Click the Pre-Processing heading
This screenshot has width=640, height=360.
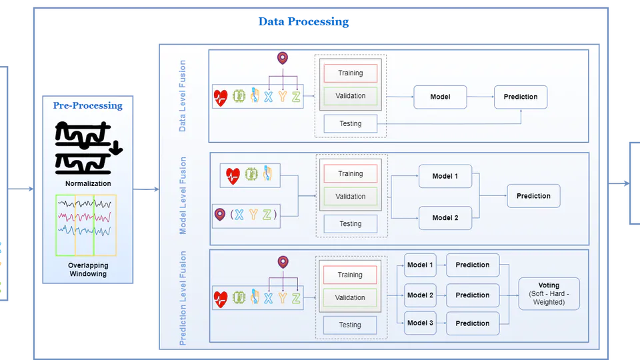(x=88, y=105)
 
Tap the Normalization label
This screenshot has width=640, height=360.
(x=88, y=183)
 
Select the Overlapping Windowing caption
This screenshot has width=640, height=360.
(x=88, y=269)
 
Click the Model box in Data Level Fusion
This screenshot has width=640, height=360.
(x=440, y=97)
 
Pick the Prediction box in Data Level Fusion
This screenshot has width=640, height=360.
(x=521, y=97)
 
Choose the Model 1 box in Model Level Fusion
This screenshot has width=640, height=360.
(x=445, y=176)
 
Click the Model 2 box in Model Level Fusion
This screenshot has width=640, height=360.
(x=445, y=218)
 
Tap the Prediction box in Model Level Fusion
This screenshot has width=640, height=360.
(x=533, y=196)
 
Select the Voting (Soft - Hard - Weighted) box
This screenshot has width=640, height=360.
(x=549, y=294)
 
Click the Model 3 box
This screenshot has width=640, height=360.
(x=421, y=323)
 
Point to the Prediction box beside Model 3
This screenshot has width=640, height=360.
(x=473, y=323)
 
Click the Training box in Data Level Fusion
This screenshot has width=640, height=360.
(x=351, y=73)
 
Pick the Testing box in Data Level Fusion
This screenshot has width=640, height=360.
(x=351, y=123)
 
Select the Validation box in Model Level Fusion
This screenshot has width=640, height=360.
(x=351, y=197)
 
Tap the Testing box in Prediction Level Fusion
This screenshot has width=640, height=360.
(x=351, y=325)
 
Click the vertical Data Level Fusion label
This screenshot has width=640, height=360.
(x=183, y=96)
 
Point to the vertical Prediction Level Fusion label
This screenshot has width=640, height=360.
(x=183, y=298)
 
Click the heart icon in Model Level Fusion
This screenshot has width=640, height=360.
(x=232, y=176)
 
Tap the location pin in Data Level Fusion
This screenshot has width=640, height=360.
(x=283, y=59)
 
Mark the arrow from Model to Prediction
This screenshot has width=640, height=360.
(x=480, y=97)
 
